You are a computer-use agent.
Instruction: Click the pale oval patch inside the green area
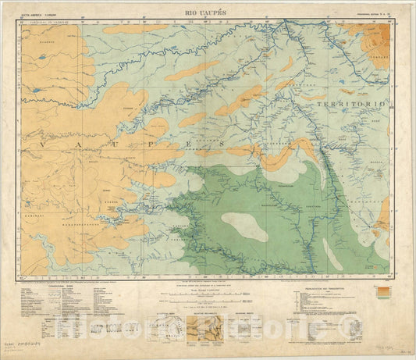point(244,226)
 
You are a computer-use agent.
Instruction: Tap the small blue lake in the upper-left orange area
point(37,90)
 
